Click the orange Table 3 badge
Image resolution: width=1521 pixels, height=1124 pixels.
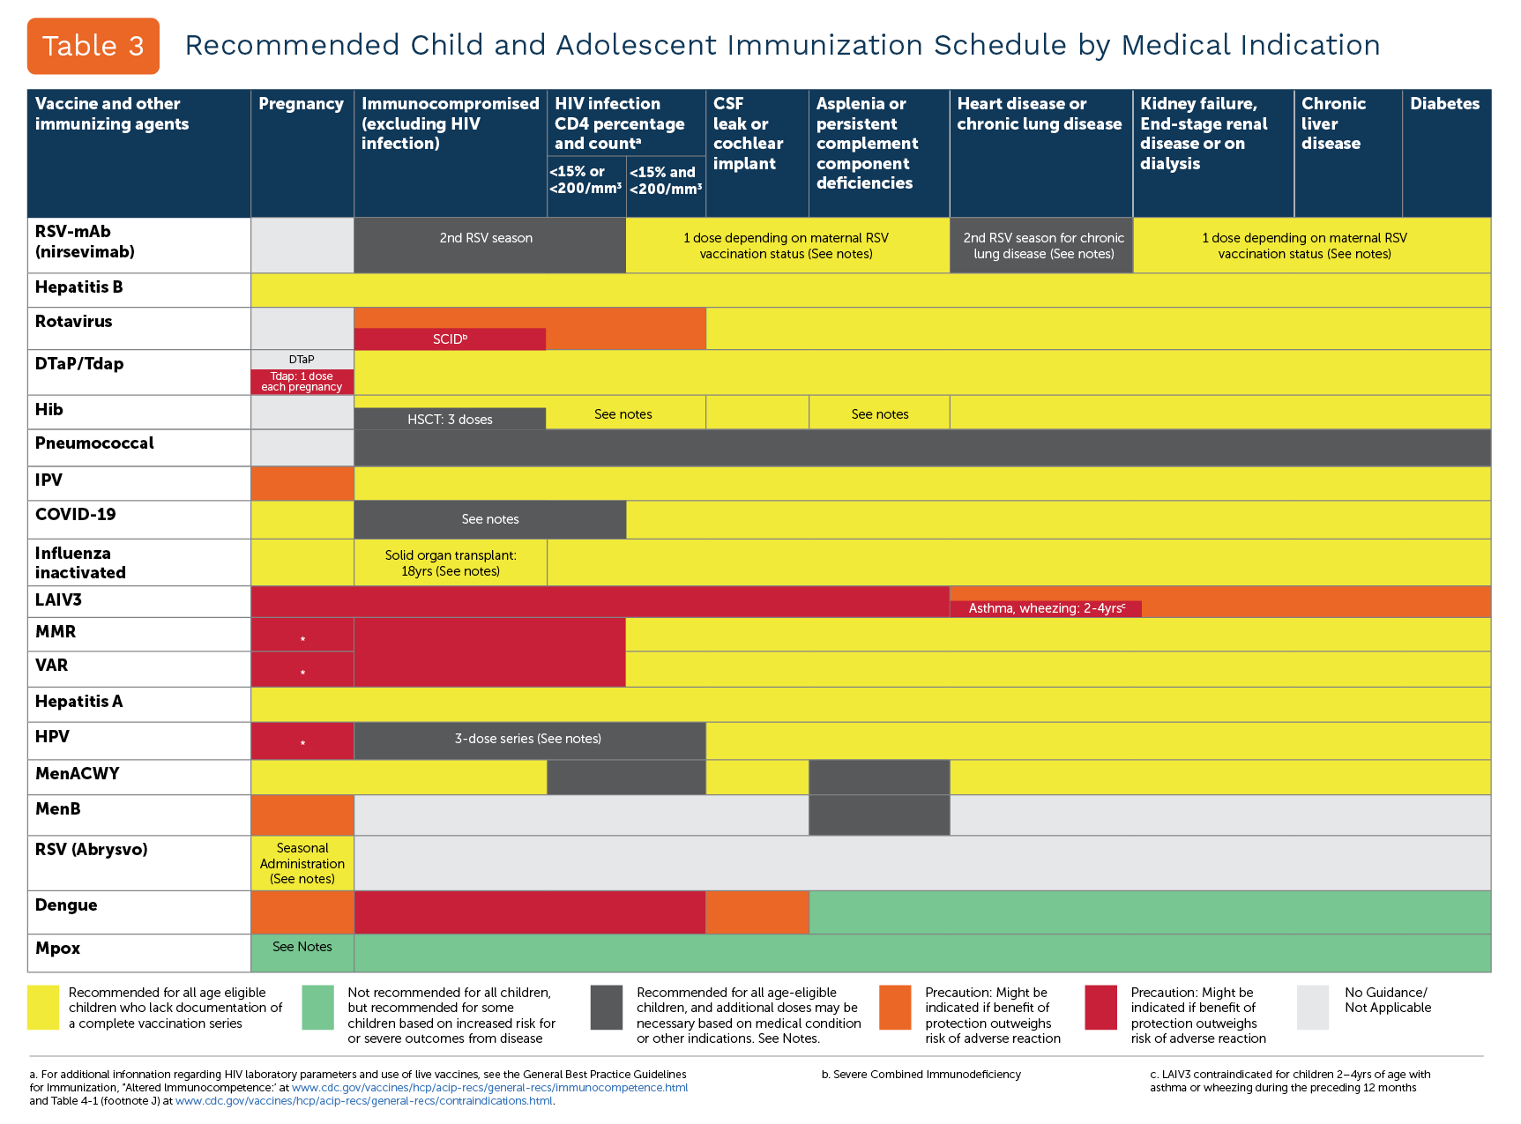(93, 46)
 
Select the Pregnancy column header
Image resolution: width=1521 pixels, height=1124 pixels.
(301, 104)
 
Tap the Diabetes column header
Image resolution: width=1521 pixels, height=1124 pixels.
(1444, 104)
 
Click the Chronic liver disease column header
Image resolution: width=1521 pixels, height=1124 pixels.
(1333, 123)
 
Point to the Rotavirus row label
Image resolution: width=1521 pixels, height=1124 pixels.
(74, 322)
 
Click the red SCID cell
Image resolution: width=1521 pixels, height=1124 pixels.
(450, 339)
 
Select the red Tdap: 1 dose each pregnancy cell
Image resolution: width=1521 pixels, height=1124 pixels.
(302, 382)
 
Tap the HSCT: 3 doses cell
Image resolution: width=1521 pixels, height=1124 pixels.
(450, 420)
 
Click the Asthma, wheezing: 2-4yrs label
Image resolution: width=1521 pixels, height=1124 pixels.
(1046, 608)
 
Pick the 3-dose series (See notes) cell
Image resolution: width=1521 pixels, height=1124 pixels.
(528, 739)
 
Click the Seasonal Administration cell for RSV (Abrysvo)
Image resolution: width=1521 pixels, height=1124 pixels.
(302, 863)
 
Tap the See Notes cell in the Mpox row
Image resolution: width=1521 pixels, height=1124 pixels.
(302, 947)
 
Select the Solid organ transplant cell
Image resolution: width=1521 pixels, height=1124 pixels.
(451, 562)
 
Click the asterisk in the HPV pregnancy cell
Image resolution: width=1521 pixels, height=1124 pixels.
(302, 744)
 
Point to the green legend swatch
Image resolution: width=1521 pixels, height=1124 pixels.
(317, 1008)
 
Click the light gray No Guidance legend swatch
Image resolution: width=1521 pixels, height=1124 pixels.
(1312, 1008)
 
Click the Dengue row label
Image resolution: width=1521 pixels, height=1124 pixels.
(66, 905)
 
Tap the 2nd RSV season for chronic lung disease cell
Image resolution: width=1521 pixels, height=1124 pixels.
(1043, 246)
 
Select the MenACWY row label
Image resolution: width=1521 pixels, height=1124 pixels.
(77, 774)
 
